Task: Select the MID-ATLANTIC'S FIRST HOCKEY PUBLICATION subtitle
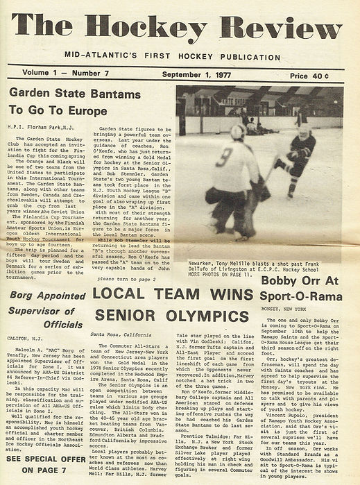(178, 54)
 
